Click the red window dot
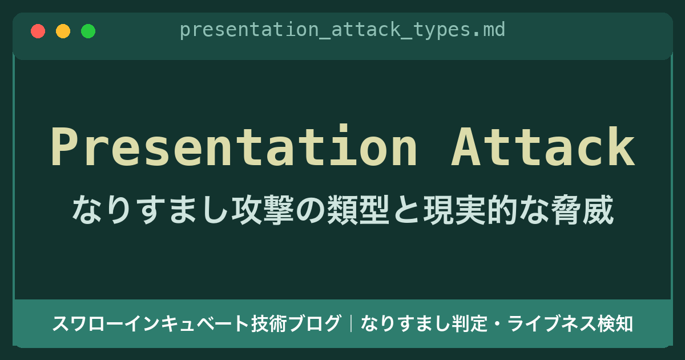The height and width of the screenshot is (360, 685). pyautogui.click(x=38, y=31)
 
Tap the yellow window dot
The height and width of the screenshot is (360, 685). pyautogui.click(x=63, y=31)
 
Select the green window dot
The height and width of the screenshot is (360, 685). pyautogui.click(x=88, y=31)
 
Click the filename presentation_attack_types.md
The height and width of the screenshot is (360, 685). pyautogui.click(x=342, y=30)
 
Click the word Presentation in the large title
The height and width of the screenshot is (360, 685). pyautogui.click(x=234, y=146)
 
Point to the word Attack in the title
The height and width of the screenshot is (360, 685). pyautogui.click(x=543, y=146)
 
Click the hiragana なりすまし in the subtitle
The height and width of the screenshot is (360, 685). pyautogui.click(x=151, y=210)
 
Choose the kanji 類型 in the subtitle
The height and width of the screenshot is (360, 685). pyautogui.click(x=358, y=210)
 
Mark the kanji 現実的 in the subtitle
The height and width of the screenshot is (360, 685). pyautogui.click(x=470, y=210)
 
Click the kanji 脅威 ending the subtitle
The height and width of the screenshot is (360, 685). pyautogui.click(x=582, y=210)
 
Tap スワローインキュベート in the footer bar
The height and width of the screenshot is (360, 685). pyautogui.click(x=151, y=323)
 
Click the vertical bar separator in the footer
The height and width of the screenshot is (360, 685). pyautogui.click(x=351, y=323)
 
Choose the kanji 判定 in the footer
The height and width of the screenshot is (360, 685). pyautogui.click(x=470, y=323)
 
